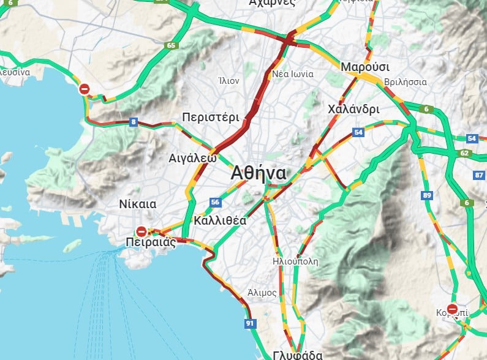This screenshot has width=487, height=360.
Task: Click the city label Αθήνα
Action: (x=259, y=173)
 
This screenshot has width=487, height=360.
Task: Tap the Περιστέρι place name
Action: (x=211, y=118)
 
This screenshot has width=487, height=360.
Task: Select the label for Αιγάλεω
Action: (x=192, y=158)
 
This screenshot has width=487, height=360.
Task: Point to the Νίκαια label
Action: (x=137, y=204)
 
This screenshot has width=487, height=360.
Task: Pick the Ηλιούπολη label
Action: (x=295, y=261)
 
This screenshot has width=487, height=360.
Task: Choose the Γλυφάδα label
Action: (x=298, y=354)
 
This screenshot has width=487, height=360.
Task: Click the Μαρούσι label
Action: (x=365, y=66)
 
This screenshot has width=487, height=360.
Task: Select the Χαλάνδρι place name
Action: (x=353, y=109)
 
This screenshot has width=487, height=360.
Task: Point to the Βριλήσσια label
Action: (x=405, y=81)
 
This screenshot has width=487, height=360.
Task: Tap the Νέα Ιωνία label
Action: (x=293, y=74)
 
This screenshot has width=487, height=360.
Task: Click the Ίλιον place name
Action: (x=228, y=80)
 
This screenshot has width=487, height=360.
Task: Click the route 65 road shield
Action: (x=170, y=45)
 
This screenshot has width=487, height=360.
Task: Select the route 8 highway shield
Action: (x=134, y=122)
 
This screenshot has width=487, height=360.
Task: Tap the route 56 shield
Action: (x=214, y=202)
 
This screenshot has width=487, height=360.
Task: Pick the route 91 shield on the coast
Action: (x=249, y=323)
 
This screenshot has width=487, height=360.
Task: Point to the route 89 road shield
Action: (x=427, y=195)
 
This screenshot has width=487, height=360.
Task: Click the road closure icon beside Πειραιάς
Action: (x=142, y=231)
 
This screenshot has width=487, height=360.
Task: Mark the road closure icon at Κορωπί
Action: (x=452, y=309)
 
